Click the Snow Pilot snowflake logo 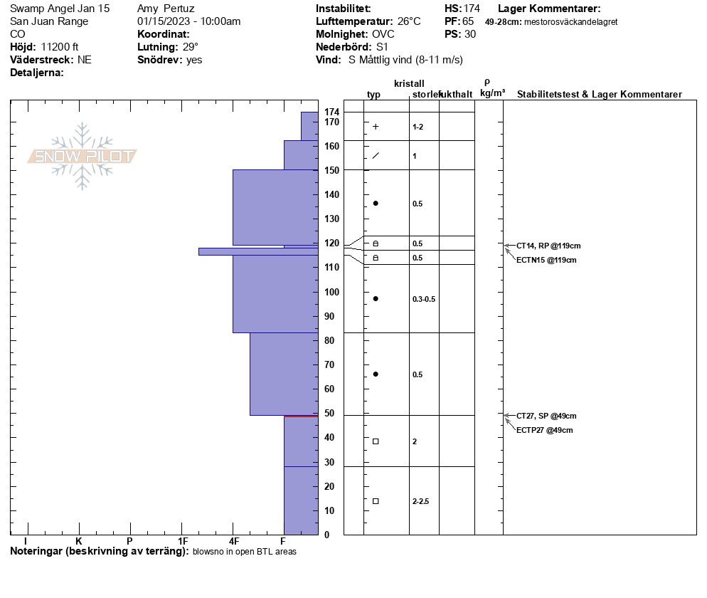(83, 156)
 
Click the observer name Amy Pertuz (166, 9)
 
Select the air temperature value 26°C (409, 21)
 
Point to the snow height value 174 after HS (471, 9)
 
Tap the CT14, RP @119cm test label (543, 246)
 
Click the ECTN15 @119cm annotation (546, 260)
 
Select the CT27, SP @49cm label (546, 416)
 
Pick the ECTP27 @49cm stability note (544, 430)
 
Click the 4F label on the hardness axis (233, 542)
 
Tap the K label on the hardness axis (79, 542)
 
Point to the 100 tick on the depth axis (331, 292)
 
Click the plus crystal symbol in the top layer (376, 127)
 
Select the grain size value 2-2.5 (420, 501)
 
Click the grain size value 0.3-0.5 (423, 299)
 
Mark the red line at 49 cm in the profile (300, 416)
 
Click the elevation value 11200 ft (60, 47)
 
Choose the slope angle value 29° (190, 47)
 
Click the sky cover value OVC (383, 34)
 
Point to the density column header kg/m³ (492, 93)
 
